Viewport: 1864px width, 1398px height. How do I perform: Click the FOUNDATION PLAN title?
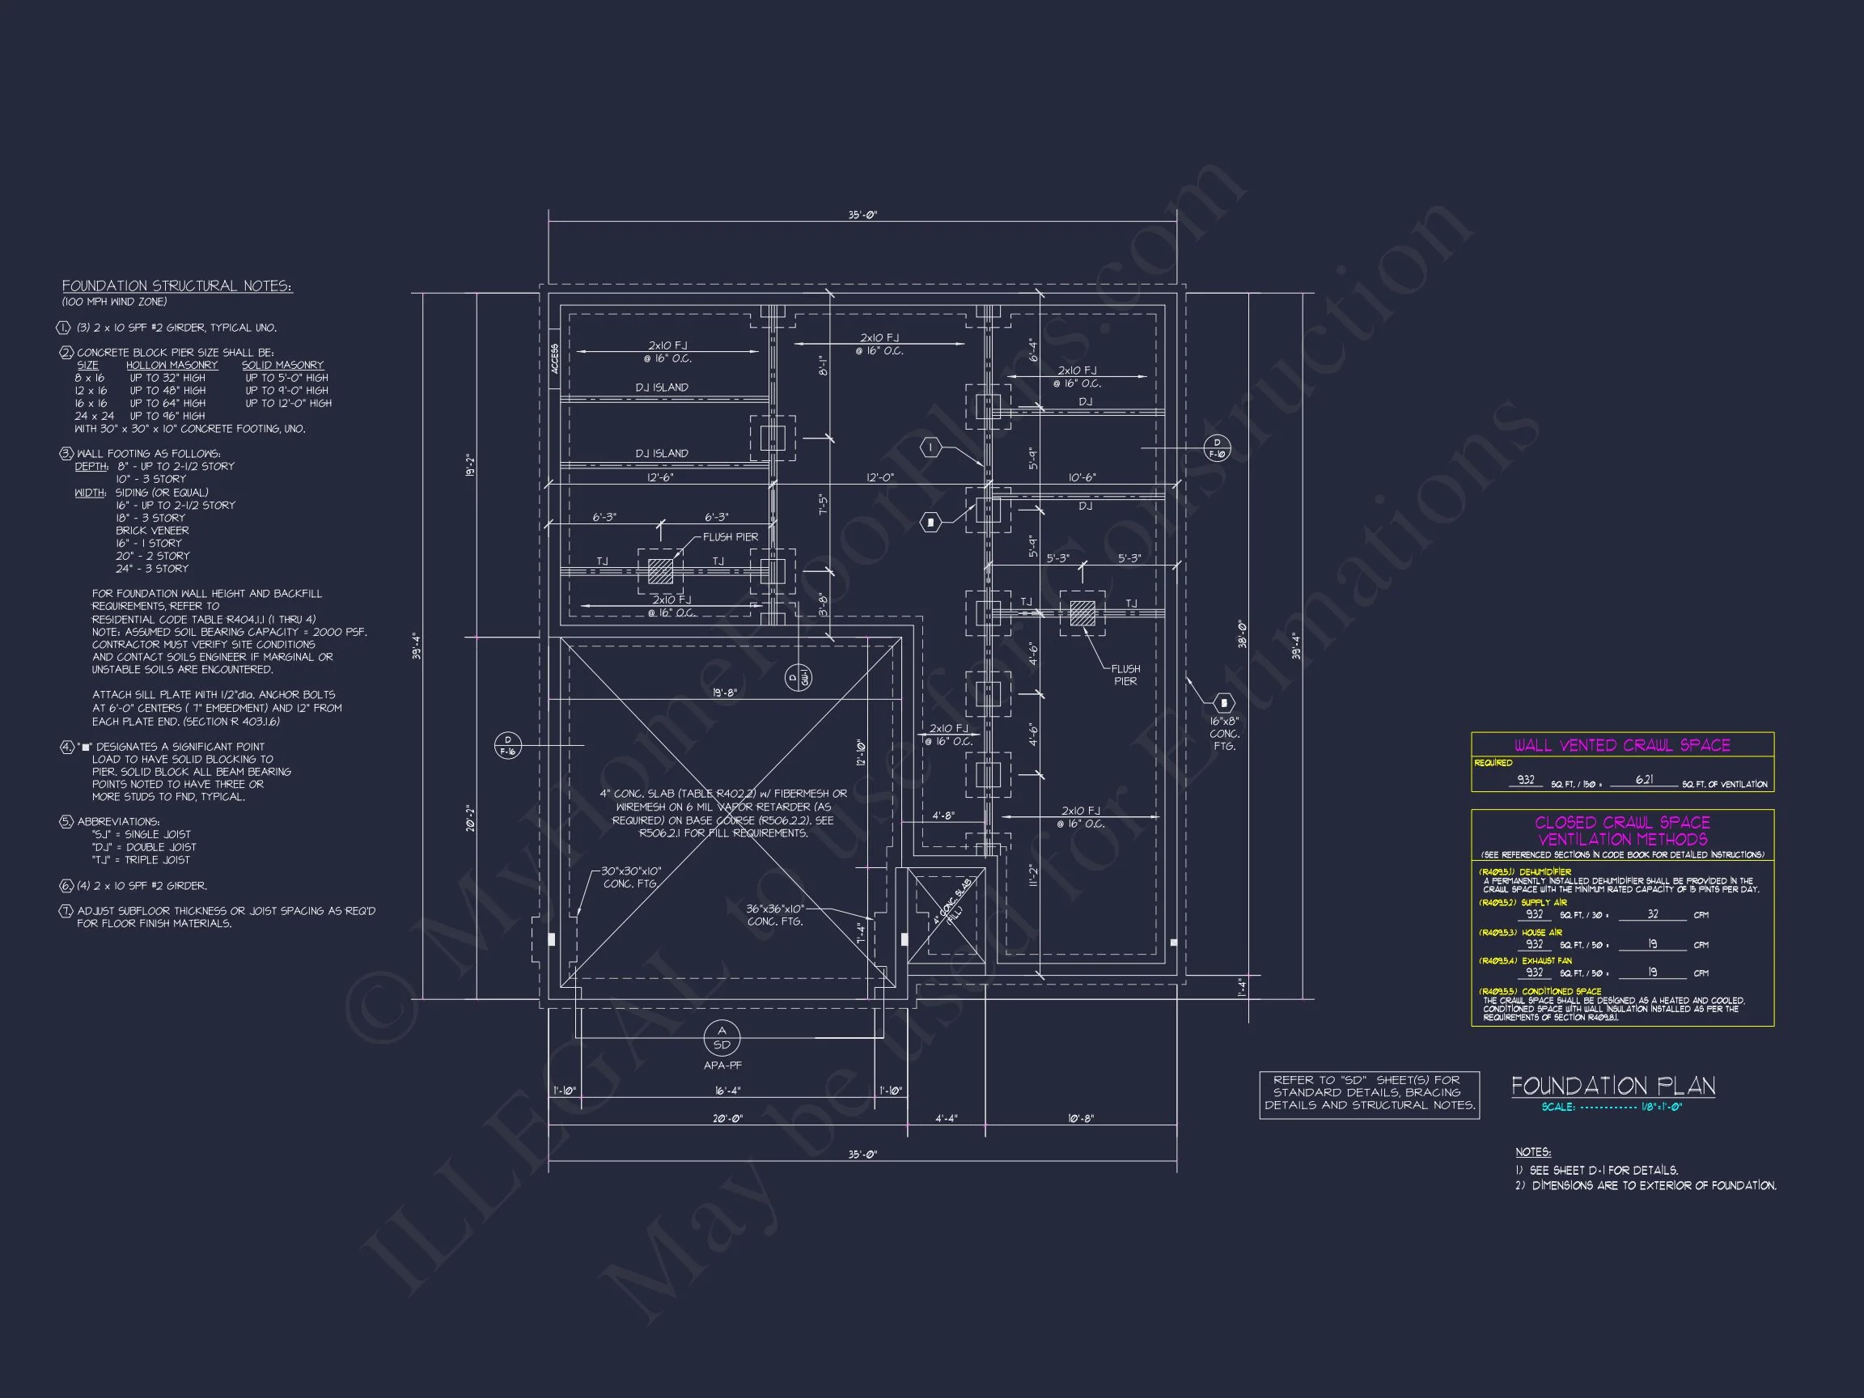tap(1613, 1087)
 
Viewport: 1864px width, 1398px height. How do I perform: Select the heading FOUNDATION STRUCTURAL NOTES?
tap(177, 286)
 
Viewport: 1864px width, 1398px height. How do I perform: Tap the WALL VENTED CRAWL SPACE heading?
tap(1622, 745)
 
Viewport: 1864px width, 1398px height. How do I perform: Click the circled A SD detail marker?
tap(722, 1038)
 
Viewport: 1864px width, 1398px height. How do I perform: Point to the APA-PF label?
tap(722, 1065)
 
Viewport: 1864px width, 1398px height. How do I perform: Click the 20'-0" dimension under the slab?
tap(728, 1118)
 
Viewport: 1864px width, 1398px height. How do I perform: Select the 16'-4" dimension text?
tap(727, 1091)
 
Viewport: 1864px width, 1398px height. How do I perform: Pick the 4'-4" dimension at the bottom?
tap(947, 1118)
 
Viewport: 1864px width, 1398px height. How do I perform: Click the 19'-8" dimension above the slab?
tap(725, 693)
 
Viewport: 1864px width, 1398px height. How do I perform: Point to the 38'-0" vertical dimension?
tap(1242, 633)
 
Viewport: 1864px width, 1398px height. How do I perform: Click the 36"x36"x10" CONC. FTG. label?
tap(774, 915)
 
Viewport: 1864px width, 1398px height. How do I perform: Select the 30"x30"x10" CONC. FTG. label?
tap(630, 877)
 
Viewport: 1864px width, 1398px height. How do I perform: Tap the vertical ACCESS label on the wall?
tap(554, 359)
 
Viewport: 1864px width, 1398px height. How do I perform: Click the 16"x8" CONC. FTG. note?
tap(1224, 733)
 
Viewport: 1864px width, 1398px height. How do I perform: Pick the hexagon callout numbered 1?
tap(930, 447)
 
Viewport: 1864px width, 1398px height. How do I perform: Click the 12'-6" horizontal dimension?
tap(660, 478)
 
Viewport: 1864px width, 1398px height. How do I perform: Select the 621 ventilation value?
tap(1644, 779)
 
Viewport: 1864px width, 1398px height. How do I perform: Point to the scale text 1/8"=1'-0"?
tap(1661, 1107)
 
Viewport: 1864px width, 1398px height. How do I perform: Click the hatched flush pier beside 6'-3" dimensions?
tap(661, 571)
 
